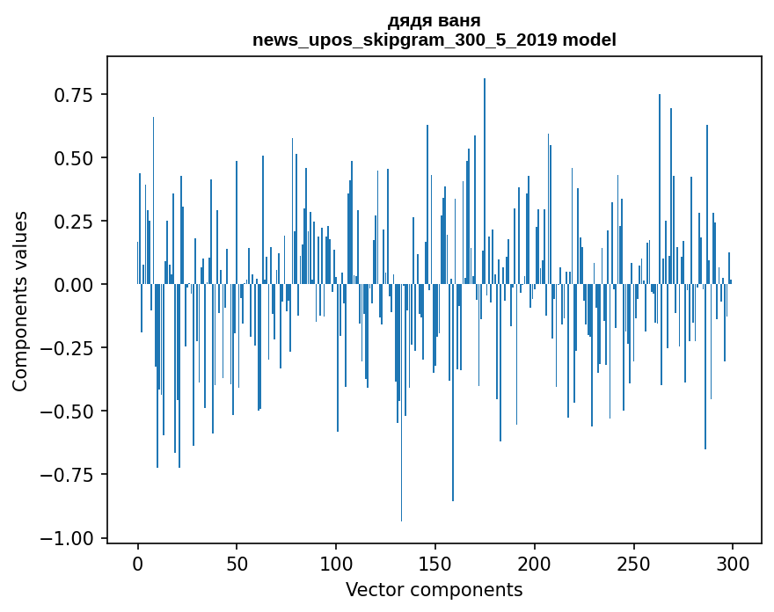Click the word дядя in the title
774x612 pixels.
[x=410, y=20]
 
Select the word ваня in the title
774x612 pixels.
[x=459, y=20]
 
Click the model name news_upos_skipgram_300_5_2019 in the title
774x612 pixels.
[x=405, y=40]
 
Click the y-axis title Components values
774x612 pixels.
[x=20, y=301]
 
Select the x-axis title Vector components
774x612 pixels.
[x=434, y=590]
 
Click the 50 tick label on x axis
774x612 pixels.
[x=237, y=565]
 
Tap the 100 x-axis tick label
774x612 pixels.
[x=336, y=565]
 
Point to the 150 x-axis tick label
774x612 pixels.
[x=434, y=565]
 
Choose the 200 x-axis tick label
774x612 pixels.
[x=534, y=565]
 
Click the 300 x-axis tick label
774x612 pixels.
[x=732, y=565]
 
